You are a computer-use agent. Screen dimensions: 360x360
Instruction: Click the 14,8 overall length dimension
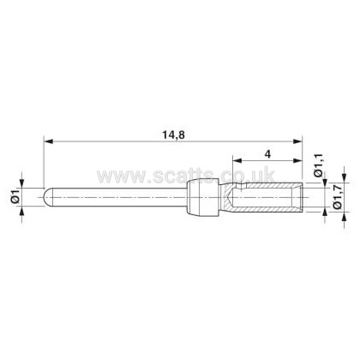[174, 135]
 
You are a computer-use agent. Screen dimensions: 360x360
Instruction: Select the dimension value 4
[267, 154]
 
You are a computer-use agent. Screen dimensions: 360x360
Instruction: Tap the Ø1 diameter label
[15, 196]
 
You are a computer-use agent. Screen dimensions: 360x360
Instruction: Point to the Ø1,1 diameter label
[318, 165]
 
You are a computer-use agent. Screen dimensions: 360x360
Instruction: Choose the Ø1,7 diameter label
[338, 197]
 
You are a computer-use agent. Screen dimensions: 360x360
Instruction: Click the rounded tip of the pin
[45, 197]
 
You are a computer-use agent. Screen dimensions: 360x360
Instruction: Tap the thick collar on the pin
[202, 197]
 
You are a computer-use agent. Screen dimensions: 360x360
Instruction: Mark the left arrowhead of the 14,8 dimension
[48, 141]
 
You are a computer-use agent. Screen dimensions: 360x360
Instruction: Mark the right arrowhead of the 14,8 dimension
[297, 141]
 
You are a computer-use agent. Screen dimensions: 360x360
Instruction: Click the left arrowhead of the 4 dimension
[237, 160]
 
